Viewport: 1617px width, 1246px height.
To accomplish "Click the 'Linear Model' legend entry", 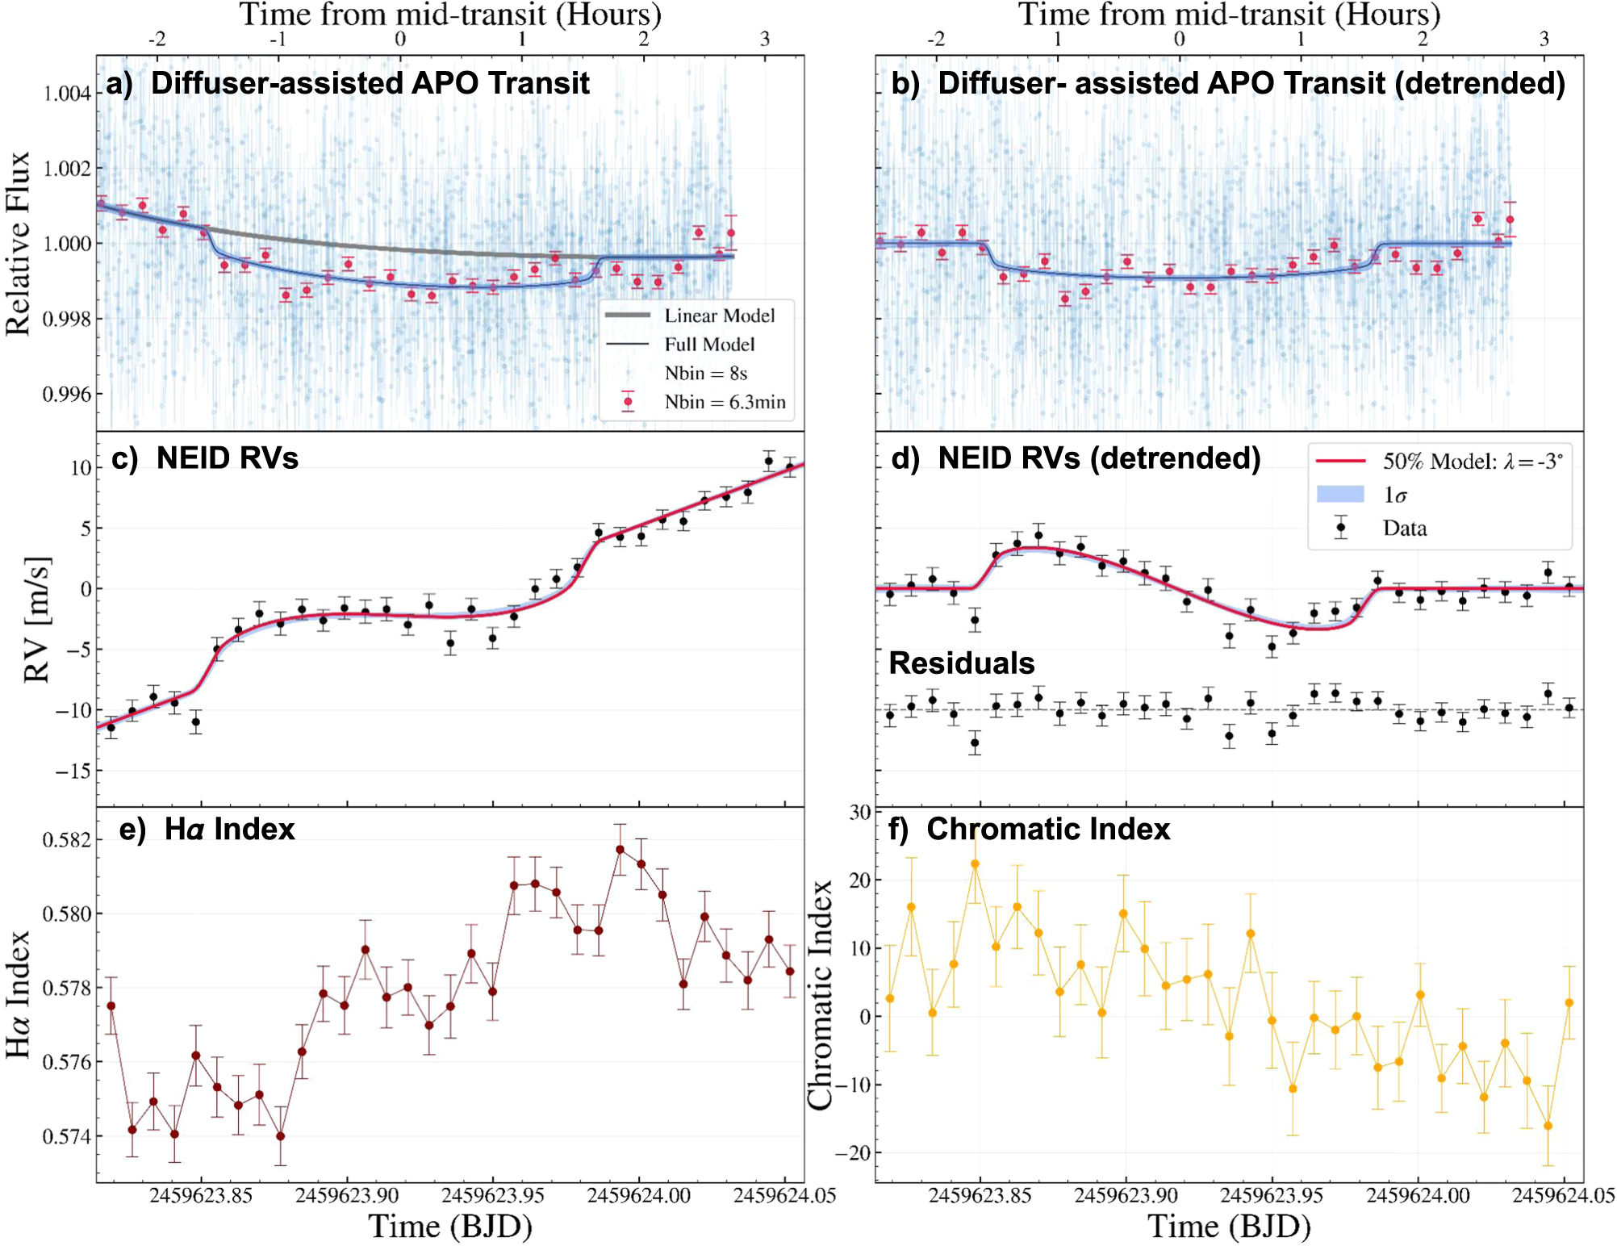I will tap(719, 316).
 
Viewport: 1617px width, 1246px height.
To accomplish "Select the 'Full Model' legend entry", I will tap(709, 345).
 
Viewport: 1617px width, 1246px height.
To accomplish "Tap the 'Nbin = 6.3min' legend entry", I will tap(725, 402).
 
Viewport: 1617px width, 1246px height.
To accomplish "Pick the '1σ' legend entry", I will tap(1395, 495).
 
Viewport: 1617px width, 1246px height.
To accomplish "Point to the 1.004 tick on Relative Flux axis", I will tap(67, 94).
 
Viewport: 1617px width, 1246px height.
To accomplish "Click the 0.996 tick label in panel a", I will tap(67, 394).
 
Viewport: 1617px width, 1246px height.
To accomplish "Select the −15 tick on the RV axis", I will tap(73, 771).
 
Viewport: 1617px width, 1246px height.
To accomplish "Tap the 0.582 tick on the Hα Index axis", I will tap(67, 840).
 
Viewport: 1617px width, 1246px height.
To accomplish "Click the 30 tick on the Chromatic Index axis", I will tap(860, 812).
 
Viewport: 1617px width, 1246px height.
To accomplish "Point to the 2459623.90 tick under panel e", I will tap(347, 1195).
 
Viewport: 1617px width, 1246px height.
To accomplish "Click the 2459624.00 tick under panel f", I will tap(1418, 1195).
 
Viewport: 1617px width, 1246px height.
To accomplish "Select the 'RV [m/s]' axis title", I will tap(37, 620).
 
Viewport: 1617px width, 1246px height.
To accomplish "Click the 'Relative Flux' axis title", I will tap(18, 243).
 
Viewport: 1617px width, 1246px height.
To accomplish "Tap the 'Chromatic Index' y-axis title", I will tap(821, 995).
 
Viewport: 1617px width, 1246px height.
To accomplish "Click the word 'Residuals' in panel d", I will tap(961, 663).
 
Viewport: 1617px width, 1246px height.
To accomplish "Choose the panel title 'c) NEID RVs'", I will tap(205, 458).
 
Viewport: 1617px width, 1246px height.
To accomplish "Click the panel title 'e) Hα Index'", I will tap(207, 830).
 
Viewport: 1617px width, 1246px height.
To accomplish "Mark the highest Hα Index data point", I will tap(620, 850).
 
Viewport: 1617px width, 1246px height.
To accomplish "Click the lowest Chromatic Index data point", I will tap(1548, 1126).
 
